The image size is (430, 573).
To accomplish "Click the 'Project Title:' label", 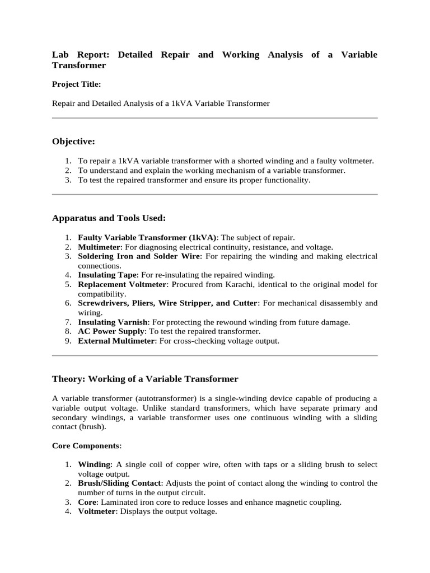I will point(76,84).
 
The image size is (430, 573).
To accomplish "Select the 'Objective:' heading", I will point(73,141).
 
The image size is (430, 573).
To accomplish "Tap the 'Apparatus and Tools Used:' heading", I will point(109,218).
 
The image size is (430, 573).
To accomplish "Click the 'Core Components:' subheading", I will point(86,446).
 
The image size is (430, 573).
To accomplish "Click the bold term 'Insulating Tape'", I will point(107,275).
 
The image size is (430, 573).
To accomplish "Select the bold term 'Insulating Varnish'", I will point(113,322).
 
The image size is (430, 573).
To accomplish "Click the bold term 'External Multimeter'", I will point(115,341).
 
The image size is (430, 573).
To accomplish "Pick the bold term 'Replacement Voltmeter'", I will point(122,284).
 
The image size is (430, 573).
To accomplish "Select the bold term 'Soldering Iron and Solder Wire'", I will point(139,256).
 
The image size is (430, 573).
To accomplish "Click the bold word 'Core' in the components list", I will point(87,502).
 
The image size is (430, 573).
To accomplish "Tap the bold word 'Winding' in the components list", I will point(95,464).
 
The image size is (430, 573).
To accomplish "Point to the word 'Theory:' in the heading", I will point(68,379).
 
